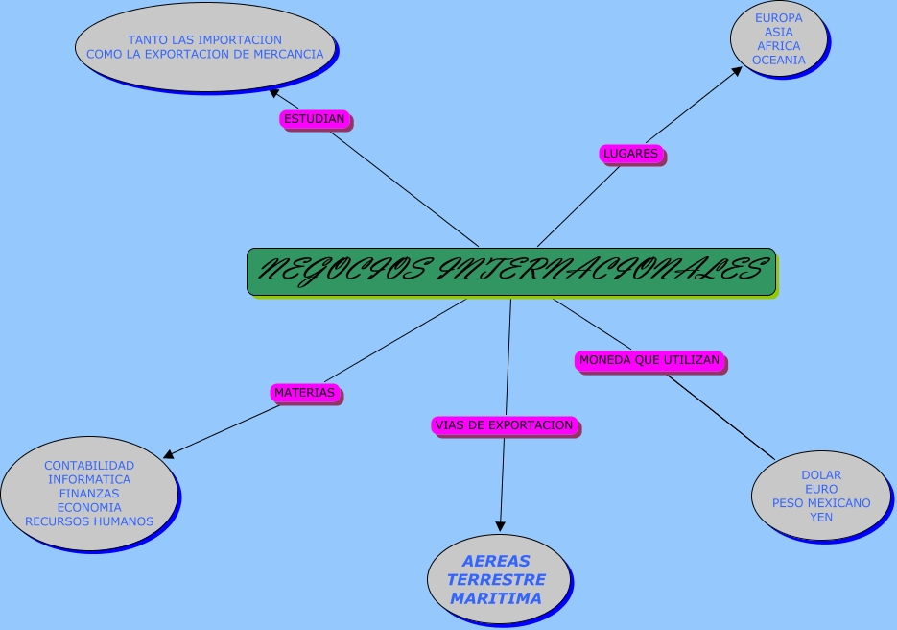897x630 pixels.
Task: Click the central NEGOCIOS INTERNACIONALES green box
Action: pyautogui.click(x=510, y=272)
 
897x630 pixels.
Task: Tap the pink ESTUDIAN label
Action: pyautogui.click(x=315, y=119)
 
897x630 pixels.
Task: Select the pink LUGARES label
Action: pyautogui.click(x=630, y=153)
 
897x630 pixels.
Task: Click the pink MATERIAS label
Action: pyautogui.click(x=304, y=392)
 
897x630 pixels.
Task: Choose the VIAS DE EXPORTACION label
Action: pyautogui.click(x=504, y=424)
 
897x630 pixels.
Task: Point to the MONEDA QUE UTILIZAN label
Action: pyautogui.click(x=649, y=360)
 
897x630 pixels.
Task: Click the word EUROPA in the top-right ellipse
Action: pyautogui.click(x=778, y=18)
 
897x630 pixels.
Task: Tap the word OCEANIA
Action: pyautogui.click(x=778, y=60)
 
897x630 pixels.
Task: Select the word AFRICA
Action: pyautogui.click(x=778, y=46)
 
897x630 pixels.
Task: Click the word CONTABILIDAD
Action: pyautogui.click(x=89, y=466)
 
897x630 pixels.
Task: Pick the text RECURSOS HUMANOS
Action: pyautogui.click(x=89, y=521)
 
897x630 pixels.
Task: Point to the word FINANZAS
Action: pyautogui.click(x=89, y=494)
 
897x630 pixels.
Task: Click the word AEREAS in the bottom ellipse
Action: pyautogui.click(x=496, y=561)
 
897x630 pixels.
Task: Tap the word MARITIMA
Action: pyautogui.click(x=496, y=598)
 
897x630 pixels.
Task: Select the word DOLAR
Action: pyautogui.click(x=821, y=475)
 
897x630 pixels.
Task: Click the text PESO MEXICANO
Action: pyautogui.click(x=821, y=503)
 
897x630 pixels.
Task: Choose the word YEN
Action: pyautogui.click(x=821, y=517)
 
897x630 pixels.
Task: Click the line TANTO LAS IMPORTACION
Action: pyautogui.click(x=205, y=40)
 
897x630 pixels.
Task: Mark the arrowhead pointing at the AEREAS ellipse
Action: pyautogui.click(x=500, y=525)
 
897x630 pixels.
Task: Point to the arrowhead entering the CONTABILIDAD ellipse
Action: pyautogui.click(x=171, y=454)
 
